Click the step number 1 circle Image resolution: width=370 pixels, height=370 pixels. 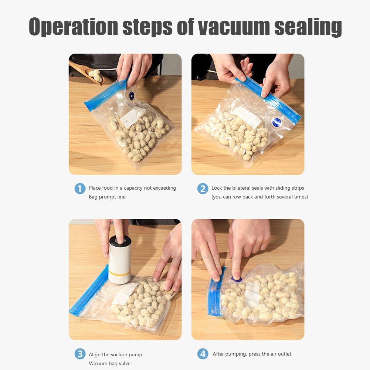80,189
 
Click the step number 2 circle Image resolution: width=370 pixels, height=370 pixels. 203,189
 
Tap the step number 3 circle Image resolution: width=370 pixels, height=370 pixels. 80,354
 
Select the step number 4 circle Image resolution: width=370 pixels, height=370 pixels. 203,354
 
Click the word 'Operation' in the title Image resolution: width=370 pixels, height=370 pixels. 74,27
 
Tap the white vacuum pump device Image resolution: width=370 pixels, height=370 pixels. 119,259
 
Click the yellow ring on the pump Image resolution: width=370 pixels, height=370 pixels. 119,274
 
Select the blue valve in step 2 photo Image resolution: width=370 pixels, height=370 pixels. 276,122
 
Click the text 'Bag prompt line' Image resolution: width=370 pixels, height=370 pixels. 107,197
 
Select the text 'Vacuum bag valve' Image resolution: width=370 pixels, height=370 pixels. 109,363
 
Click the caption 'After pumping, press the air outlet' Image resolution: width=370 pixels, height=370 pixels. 252,354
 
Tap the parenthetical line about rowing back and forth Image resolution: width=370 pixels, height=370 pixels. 259,197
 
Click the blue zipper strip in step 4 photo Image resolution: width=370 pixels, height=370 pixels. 214,296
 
